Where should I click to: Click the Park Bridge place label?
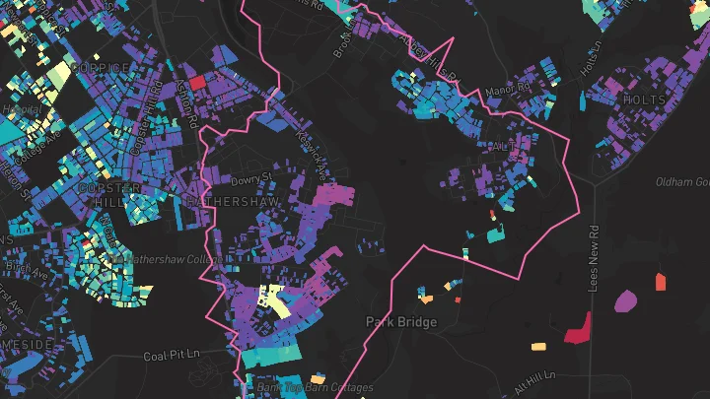pos(401,321)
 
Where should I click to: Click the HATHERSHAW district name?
pos(233,201)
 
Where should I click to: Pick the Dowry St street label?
pos(251,180)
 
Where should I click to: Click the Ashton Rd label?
pos(186,105)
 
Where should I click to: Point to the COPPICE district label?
pos(101,67)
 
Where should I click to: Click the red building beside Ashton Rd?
pos(195,83)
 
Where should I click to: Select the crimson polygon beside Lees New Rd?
pos(576,329)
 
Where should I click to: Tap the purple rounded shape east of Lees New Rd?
pos(625,300)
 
